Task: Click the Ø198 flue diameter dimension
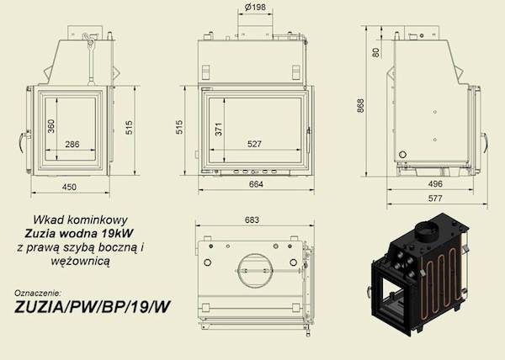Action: coord(255,7)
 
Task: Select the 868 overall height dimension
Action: coord(361,105)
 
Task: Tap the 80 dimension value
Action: coord(376,52)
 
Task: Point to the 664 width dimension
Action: coord(256,184)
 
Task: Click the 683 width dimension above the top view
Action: coord(252,220)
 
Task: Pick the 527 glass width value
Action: coord(254,144)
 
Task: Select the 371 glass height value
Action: coord(219,129)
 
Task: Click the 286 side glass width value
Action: coord(72,144)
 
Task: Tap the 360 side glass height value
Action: coord(51,126)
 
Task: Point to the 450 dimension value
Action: coord(69,187)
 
